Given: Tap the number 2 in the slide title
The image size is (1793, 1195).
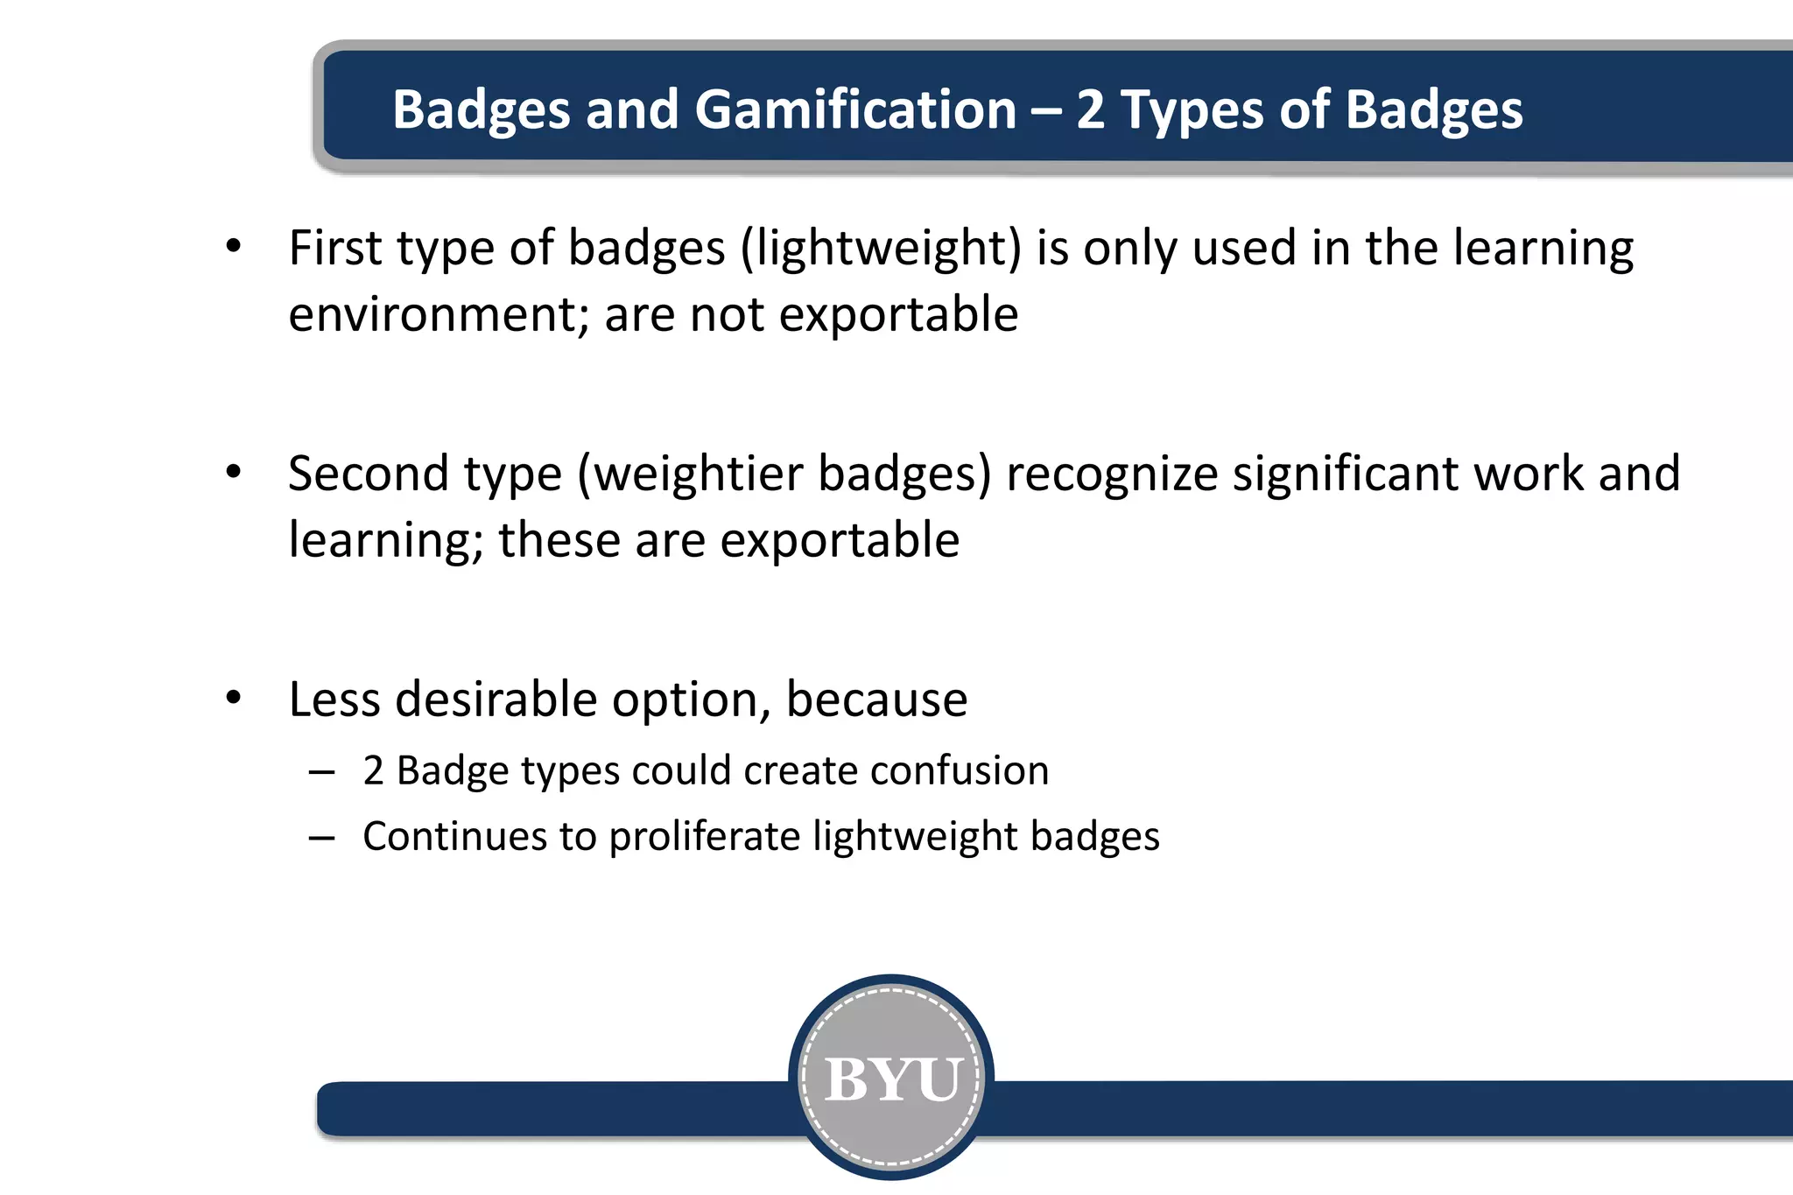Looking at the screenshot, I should (1090, 110).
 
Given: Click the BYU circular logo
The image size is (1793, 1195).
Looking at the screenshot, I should (891, 1077).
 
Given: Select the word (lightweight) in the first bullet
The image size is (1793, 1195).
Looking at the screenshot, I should (881, 249).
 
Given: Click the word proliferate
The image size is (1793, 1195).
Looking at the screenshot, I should (704, 837).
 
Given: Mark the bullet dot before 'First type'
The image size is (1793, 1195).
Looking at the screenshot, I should (233, 247).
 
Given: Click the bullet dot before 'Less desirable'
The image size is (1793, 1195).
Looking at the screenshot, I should (233, 699).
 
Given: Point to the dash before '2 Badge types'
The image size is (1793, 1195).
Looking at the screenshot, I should (321, 772).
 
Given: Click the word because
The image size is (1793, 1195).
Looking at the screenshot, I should (876, 699).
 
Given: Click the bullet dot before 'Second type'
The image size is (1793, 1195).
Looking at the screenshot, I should (233, 473).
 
